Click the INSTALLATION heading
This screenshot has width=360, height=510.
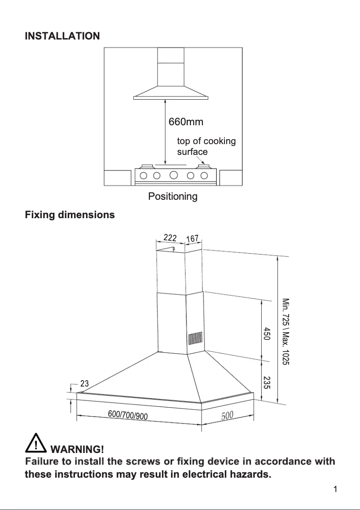[62, 36]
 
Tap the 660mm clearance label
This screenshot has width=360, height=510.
[186, 122]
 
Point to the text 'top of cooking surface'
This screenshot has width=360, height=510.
[206, 146]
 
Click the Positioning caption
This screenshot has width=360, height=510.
[173, 196]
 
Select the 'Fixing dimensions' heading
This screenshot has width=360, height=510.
[70, 215]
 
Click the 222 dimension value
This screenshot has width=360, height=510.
[170, 237]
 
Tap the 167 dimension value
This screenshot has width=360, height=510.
[192, 239]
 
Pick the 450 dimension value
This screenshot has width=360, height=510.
[266, 334]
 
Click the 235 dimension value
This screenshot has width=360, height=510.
[266, 382]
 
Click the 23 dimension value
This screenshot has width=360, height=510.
[84, 383]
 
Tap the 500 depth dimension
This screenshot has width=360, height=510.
[227, 415]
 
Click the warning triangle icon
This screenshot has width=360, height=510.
[36, 444]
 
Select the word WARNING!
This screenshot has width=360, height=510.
[78, 449]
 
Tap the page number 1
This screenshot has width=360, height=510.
[335, 489]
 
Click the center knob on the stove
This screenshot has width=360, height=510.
[174, 175]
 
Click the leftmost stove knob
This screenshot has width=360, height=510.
[145, 175]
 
